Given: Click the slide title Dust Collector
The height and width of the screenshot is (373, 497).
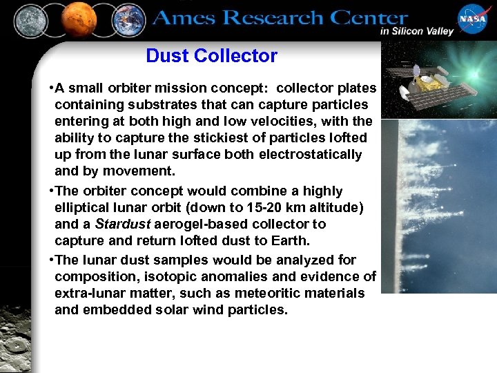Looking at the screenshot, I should pos(211,56).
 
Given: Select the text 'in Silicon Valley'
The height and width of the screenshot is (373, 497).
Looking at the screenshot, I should pos(416,31).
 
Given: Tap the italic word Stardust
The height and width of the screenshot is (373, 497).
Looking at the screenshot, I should pos(118,224).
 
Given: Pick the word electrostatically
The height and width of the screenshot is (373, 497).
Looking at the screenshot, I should pos(310,155).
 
